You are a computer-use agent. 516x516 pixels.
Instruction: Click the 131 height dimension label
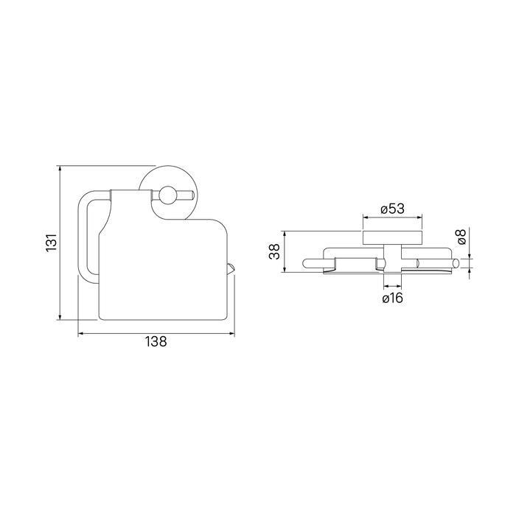point(52,243)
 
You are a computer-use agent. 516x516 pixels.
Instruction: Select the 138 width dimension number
point(156,341)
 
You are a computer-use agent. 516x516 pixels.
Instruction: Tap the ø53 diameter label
point(392,209)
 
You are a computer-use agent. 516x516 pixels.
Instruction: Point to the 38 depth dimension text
point(274,252)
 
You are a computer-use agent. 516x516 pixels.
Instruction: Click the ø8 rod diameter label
point(461,237)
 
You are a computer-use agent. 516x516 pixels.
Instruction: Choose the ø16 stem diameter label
point(393,298)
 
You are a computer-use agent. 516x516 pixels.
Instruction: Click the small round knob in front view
point(167,195)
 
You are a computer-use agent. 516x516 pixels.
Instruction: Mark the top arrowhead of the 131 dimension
point(60,169)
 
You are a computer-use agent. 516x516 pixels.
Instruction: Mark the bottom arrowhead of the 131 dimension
point(60,316)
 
